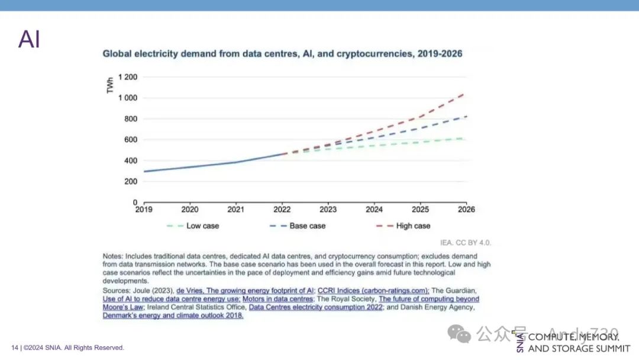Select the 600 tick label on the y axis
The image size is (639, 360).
click(131, 140)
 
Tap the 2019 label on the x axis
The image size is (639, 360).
click(144, 210)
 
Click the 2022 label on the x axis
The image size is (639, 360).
click(282, 210)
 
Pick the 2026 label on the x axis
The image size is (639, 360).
click(466, 210)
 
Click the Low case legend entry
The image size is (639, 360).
click(202, 226)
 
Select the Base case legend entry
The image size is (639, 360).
click(306, 226)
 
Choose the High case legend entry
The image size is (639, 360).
click(412, 226)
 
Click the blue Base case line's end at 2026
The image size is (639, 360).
click(465, 117)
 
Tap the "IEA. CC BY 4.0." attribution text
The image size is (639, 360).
click(466, 243)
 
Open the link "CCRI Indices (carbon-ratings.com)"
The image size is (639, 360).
click(373, 291)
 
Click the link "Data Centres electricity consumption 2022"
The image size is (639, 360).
click(315, 307)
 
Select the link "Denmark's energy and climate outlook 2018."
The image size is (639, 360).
click(173, 316)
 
